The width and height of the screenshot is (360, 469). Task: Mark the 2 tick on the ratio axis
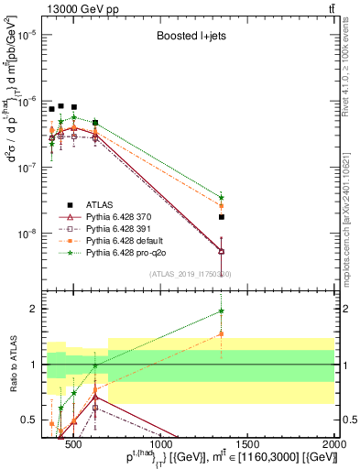point(35,309)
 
